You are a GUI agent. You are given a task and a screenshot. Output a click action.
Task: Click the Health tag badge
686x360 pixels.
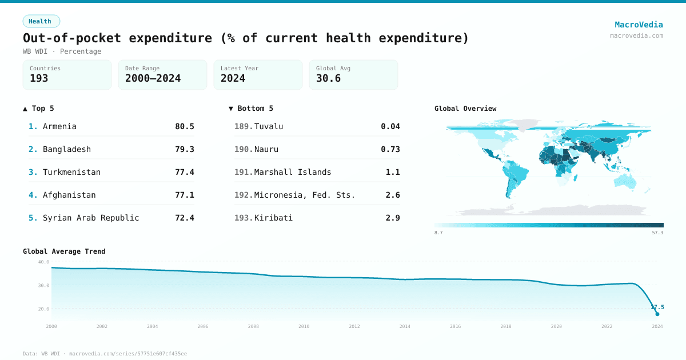point(41,21)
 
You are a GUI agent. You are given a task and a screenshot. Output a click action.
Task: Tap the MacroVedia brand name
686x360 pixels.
point(639,25)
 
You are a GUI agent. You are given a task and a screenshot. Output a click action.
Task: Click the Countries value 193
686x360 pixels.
point(39,79)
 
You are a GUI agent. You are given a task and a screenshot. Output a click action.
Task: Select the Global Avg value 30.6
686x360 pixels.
point(328,79)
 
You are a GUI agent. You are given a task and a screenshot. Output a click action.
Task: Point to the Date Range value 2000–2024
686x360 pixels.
point(153,79)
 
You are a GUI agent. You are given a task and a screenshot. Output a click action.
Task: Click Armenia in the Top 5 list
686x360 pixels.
point(59,126)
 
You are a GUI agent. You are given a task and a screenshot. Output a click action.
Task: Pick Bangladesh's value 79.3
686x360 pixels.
point(184,149)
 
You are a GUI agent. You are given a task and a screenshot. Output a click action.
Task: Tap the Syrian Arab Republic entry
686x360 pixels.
point(91,218)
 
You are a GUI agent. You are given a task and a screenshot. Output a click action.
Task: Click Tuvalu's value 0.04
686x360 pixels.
point(390,126)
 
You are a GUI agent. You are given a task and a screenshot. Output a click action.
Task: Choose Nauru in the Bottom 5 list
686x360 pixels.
point(266,149)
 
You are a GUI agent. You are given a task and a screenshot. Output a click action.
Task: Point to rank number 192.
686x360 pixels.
point(243,195)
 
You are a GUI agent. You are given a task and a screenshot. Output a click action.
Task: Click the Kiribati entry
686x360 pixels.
point(273,218)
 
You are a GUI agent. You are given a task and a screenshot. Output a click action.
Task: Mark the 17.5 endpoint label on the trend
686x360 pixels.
point(657,307)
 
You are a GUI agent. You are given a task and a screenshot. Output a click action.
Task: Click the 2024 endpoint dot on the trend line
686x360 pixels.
point(657,314)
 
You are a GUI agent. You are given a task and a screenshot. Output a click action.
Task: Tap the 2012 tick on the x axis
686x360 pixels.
point(354,326)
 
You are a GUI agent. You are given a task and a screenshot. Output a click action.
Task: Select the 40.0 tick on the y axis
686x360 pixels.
point(43,262)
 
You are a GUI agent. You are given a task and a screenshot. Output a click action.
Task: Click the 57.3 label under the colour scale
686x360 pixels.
point(657,233)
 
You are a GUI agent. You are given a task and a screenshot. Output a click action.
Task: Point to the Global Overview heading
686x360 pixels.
point(465,109)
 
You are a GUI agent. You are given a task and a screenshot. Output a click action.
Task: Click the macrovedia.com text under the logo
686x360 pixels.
point(636,35)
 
